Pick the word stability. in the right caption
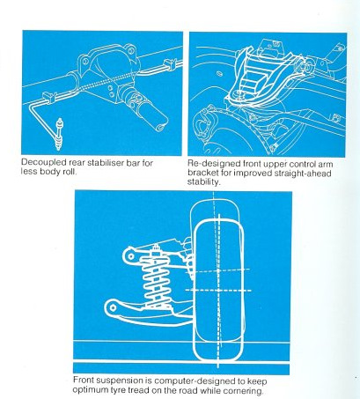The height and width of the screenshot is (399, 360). pos(203,182)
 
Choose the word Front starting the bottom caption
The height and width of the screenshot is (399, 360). pos(84,380)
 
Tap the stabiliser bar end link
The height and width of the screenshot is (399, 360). pos(60,134)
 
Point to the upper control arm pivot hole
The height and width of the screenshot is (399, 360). pos(130,256)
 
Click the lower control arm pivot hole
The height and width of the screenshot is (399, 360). pos(114,308)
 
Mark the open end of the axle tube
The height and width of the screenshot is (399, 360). pos(160,128)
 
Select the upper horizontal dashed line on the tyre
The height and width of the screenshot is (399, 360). pos(217,270)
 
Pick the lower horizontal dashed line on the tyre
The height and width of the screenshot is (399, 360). pos(218,290)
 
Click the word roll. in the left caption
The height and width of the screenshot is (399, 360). pos(70,172)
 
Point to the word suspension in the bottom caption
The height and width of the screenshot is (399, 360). pos(120,381)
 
